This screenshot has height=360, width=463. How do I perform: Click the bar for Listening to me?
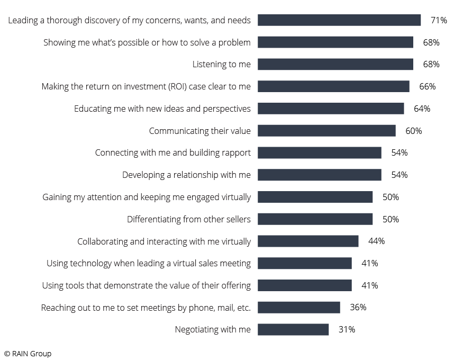pos(335,64)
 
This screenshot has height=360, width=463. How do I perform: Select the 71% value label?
pos(439,20)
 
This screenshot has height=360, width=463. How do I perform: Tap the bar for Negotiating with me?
pos(293,329)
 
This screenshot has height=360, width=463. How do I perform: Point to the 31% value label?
pos(347,329)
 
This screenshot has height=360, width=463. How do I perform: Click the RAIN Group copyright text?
pos(28,353)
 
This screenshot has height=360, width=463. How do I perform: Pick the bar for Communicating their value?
pos(326,131)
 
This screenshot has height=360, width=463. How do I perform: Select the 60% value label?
pos(413,131)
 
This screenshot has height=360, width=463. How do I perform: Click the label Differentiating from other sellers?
pos(188,219)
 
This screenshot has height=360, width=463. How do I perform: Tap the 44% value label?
pos(376,241)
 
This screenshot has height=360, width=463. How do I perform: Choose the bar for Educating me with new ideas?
pos(331,109)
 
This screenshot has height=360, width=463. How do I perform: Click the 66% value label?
pos(427,86)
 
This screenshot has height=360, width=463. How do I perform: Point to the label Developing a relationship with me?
pos(186,175)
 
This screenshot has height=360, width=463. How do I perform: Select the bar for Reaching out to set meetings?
pos(298,308)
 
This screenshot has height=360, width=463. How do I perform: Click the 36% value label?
pos(358,307)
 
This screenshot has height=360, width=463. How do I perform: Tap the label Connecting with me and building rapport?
pos(173,152)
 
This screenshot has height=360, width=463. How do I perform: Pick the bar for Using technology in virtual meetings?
pos(304,263)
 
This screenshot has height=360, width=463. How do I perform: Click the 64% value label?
pos(422,109)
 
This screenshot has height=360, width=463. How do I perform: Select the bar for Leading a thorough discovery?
pos(339,20)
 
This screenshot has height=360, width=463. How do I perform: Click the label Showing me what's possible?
pos(147,42)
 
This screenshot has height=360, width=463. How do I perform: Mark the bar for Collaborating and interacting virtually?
pos(308,241)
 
